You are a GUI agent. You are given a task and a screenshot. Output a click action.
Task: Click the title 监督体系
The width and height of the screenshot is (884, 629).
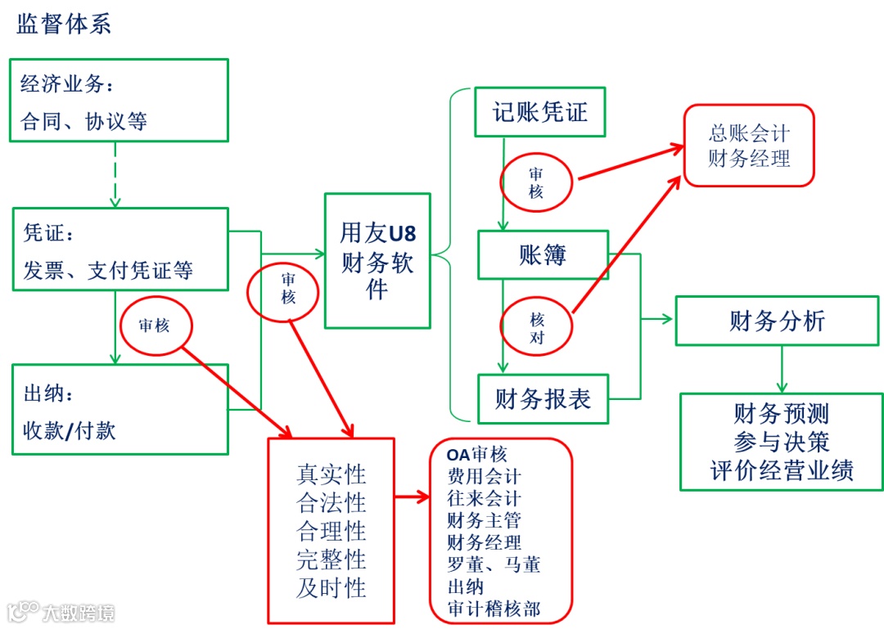point(64,25)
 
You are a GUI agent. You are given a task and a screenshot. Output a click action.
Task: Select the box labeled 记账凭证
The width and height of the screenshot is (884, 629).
point(540,112)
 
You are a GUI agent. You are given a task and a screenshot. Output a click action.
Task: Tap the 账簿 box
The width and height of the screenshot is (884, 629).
point(543,254)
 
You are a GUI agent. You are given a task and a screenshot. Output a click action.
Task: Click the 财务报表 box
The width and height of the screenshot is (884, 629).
point(543,399)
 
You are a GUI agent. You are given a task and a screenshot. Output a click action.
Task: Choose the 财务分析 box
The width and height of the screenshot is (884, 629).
point(777,321)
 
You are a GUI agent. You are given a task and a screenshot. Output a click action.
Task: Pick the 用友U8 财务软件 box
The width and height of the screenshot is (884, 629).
point(377,261)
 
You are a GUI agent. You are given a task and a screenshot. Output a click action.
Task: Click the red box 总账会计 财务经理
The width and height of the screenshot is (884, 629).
point(749,146)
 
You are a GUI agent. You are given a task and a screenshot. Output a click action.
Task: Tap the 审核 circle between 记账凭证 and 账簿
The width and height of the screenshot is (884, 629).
point(536,183)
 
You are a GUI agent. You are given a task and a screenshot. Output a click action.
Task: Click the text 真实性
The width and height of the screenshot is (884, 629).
point(331,474)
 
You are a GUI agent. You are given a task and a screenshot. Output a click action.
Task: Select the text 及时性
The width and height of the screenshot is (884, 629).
point(331,587)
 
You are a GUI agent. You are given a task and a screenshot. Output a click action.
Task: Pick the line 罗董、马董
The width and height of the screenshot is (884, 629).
point(494,564)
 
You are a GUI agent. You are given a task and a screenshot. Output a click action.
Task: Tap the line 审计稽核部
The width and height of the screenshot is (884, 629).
point(494,609)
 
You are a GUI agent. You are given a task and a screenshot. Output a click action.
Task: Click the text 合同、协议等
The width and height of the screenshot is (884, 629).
point(84,122)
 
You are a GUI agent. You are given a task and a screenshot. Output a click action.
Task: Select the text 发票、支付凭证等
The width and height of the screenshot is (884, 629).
point(108,270)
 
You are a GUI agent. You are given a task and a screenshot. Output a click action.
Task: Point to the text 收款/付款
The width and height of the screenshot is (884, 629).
point(70,429)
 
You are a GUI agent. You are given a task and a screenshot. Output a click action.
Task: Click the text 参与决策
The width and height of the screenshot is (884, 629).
point(782,442)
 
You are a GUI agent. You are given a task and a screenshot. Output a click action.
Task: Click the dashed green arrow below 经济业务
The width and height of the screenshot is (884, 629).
point(115,173)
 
